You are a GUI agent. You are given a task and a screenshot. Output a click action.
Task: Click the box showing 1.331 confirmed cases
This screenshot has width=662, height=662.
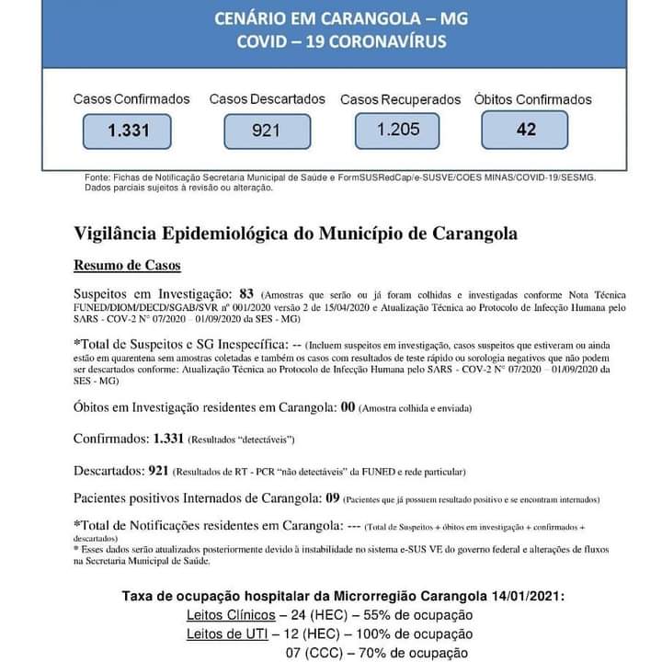(x=127, y=131)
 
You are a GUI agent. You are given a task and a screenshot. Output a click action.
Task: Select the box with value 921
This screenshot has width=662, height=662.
(x=266, y=131)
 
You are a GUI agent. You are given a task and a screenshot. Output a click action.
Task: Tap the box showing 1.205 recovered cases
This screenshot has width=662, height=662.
(x=398, y=130)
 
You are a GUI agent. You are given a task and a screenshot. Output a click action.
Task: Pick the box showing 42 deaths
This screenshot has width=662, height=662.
(x=526, y=130)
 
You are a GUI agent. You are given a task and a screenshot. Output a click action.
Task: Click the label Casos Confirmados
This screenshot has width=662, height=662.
(x=131, y=98)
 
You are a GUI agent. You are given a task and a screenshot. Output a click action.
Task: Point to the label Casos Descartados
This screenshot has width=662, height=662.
(x=268, y=98)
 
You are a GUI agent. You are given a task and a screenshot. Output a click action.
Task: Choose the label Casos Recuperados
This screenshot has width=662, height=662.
(x=401, y=99)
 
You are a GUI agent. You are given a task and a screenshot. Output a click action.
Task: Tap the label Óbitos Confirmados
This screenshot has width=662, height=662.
(x=533, y=99)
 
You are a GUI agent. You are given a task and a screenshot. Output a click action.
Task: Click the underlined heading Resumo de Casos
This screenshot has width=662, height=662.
(x=127, y=266)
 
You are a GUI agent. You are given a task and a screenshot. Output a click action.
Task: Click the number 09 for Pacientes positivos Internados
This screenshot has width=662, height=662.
(x=334, y=497)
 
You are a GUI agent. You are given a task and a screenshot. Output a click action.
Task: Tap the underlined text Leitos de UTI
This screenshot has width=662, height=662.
(x=224, y=633)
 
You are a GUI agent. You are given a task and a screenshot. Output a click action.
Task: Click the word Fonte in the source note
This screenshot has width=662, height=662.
(x=96, y=177)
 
